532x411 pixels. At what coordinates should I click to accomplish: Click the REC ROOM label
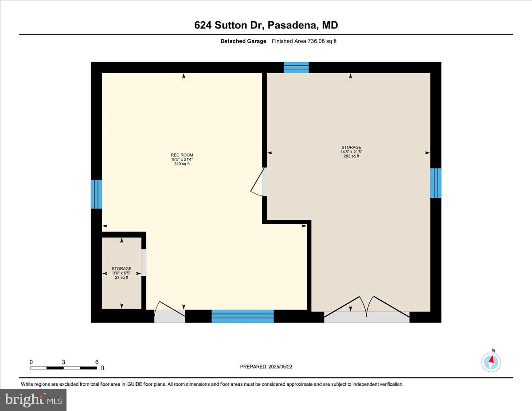182,155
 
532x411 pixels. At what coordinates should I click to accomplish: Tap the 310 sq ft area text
182,164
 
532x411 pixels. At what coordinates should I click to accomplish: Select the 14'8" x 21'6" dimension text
351,152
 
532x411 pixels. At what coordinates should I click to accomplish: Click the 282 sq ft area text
351,156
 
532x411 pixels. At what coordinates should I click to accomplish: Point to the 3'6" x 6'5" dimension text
121,273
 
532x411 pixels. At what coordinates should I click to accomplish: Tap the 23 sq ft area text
121,278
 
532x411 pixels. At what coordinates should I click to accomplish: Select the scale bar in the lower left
63,368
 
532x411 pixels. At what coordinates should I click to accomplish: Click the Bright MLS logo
33,400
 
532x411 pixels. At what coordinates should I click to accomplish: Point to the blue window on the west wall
96,194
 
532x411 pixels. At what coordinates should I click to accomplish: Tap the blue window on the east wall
436,183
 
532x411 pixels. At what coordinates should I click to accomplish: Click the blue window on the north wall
296,67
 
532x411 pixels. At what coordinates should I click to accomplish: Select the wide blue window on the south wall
243,316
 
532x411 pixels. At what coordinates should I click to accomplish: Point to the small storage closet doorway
144,263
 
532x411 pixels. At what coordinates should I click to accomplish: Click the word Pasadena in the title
293,25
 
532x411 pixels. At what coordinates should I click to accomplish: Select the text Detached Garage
243,41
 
